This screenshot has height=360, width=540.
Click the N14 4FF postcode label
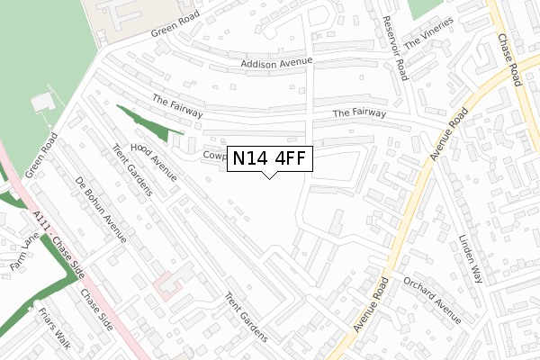tap(268, 158)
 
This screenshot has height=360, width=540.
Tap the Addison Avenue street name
tap(276, 63)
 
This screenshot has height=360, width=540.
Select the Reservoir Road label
tap(395, 49)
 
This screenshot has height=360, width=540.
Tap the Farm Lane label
tap(19, 255)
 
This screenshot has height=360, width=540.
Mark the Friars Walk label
tap(55, 329)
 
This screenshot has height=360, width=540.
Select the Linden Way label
tap(472, 259)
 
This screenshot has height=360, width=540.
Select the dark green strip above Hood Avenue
tap(143, 126)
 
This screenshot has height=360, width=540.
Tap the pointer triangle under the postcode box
tap(268, 175)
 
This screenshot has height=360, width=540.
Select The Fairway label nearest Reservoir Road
tap(359, 113)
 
